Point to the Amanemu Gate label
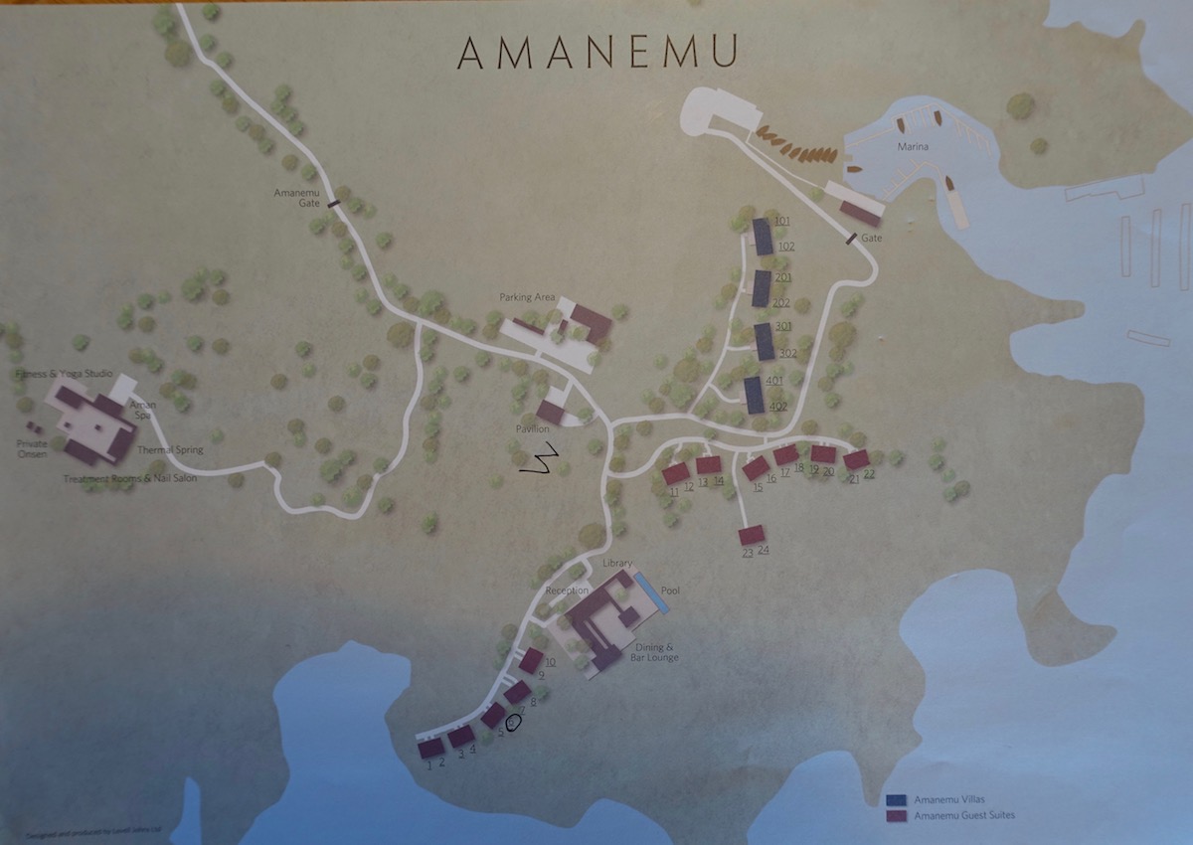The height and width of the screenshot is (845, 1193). click(297, 197)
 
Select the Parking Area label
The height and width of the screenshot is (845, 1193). click(527, 297)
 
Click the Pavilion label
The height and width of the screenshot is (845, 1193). click(532, 428)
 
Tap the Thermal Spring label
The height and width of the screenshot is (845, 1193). click(170, 450)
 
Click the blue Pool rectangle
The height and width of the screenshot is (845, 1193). click(651, 591)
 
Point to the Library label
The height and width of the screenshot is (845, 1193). click(616, 564)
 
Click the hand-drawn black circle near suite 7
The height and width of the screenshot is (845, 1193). click(513, 723)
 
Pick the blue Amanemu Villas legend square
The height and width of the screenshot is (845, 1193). click(896, 799)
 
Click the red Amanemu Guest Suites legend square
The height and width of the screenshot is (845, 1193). click(896, 816)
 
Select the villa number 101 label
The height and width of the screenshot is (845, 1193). click(782, 221)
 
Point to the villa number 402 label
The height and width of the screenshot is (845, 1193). click(778, 406)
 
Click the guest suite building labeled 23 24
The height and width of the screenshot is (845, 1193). click(752, 535)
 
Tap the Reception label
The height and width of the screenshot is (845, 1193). click(566, 591)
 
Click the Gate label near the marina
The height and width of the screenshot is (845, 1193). click(872, 239)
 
